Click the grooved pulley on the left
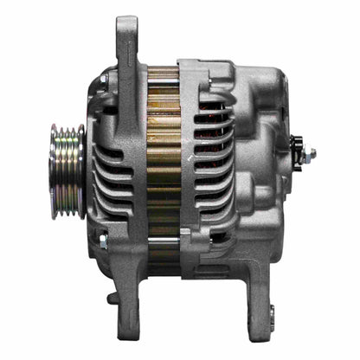click(66, 170)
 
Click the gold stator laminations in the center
click(162, 164)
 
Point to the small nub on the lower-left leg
click(112, 298)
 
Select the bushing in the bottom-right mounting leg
click(270, 313)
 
